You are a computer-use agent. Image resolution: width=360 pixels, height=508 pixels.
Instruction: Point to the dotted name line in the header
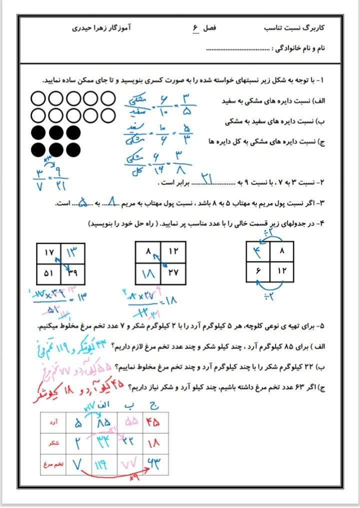(237, 49)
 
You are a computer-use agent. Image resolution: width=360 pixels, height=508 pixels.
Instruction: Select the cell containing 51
(48, 273)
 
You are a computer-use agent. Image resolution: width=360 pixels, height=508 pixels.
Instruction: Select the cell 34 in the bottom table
(104, 442)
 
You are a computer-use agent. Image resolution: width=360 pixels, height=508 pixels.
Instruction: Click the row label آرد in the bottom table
(54, 423)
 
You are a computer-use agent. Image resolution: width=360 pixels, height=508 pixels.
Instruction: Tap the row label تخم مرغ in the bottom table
(53, 464)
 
